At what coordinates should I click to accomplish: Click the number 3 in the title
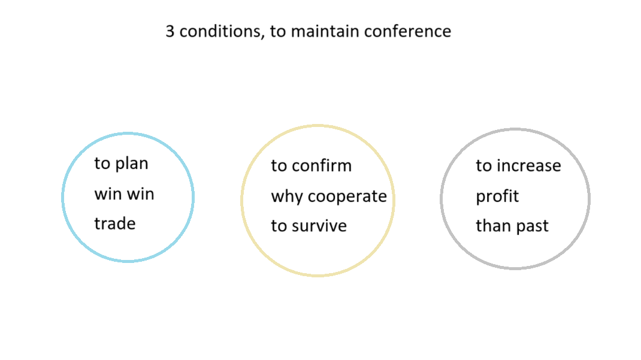point(170,32)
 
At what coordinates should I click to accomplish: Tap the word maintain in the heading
point(325,32)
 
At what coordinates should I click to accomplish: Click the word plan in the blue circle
point(132,164)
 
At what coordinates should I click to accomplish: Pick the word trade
point(115,223)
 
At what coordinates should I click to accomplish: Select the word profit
point(497,196)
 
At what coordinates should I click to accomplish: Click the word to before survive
point(279,226)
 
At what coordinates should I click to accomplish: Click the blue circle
point(62,197)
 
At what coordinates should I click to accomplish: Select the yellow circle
point(241,201)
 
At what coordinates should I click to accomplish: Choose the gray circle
point(441,199)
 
